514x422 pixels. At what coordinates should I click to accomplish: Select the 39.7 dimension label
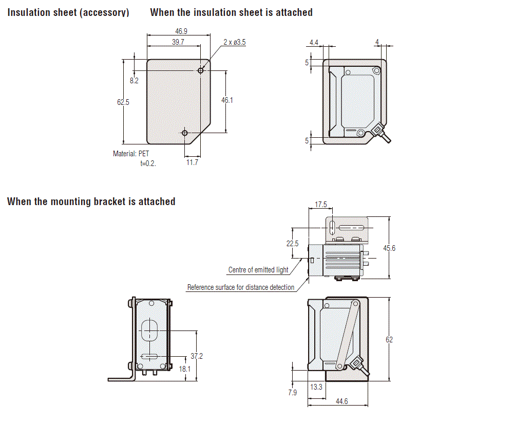pos(178,42)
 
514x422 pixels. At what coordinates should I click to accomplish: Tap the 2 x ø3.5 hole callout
pos(235,42)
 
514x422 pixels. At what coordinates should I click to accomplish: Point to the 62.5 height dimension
pos(123,102)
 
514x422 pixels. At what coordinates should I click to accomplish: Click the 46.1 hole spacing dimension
pos(227,100)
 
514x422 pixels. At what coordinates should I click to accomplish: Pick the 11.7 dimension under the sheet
pos(192,162)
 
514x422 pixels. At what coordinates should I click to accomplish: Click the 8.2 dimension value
pos(134,81)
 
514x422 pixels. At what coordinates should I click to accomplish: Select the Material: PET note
pos(131,154)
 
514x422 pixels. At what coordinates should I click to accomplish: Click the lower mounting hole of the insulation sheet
pos(185,133)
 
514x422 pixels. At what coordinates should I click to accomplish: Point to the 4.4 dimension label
pos(314,42)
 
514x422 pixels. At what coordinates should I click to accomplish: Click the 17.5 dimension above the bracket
pos(321,205)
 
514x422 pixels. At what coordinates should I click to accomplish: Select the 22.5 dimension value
pos(292,244)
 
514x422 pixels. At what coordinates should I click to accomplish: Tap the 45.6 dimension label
pos(390,248)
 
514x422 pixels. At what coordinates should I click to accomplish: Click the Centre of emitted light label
pos(258,270)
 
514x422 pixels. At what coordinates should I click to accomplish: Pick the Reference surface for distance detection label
pos(241,287)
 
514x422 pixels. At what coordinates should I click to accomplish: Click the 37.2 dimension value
pos(197,356)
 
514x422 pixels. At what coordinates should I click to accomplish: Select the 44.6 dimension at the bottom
pos(342,401)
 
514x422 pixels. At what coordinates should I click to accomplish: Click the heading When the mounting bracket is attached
pos(91,201)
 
